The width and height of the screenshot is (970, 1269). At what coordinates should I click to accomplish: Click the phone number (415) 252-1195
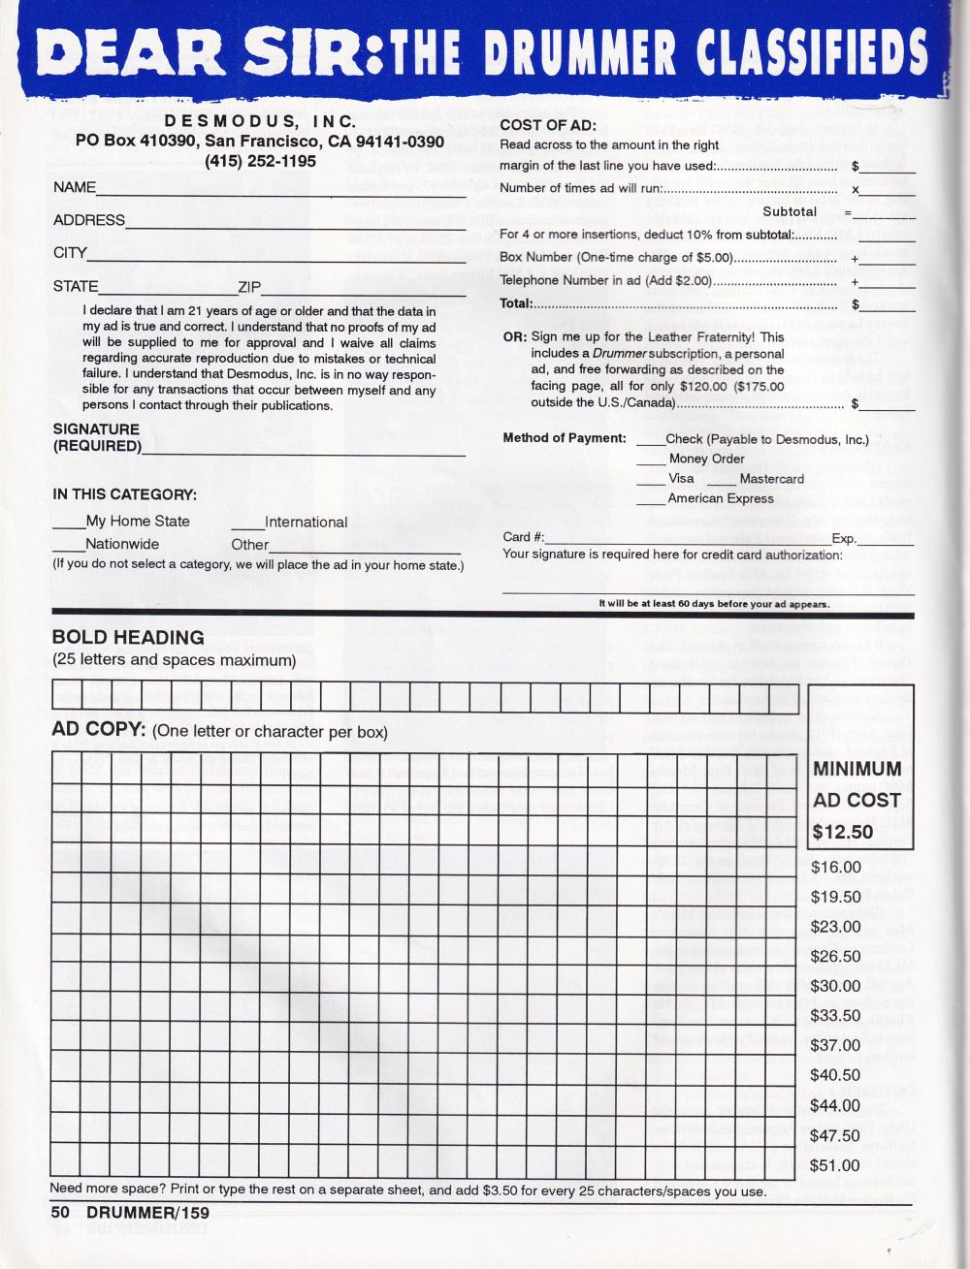(260, 161)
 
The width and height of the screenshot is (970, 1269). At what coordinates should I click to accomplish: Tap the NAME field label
(75, 187)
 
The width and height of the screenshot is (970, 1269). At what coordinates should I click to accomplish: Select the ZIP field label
(249, 287)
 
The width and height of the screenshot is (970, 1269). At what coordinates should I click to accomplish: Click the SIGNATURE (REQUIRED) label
(96, 437)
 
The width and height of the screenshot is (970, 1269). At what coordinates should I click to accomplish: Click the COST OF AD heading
(548, 125)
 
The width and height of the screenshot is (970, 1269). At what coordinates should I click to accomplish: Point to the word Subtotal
(790, 211)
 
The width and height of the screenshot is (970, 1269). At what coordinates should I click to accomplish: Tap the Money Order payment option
(706, 459)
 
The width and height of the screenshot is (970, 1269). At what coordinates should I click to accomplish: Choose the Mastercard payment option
(771, 479)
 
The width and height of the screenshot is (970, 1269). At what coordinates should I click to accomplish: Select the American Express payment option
(720, 498)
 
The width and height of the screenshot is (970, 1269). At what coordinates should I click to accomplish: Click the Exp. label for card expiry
(844, 538)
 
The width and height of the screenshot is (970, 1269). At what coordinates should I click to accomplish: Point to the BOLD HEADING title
(128, 637)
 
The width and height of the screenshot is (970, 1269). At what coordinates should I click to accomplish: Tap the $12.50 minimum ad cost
(842, 832)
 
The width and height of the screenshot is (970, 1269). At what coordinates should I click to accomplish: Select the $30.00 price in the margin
(835, 986)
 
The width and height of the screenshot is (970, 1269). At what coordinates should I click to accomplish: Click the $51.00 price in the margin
(835, 1165)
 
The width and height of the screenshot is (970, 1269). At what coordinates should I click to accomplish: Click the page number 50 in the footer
(61, 1212)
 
